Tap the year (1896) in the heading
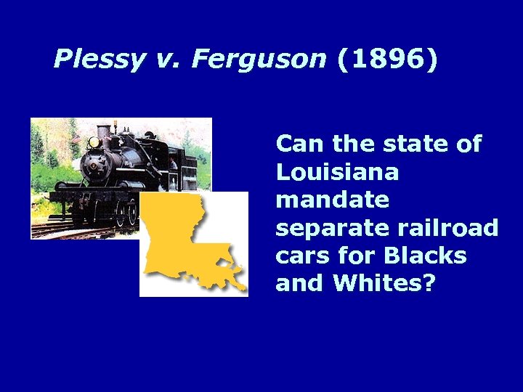[388, 60]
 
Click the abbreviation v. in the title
[168, 60]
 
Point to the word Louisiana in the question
[337, 172]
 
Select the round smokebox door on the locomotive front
[94, 164]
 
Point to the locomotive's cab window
[171, 161]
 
